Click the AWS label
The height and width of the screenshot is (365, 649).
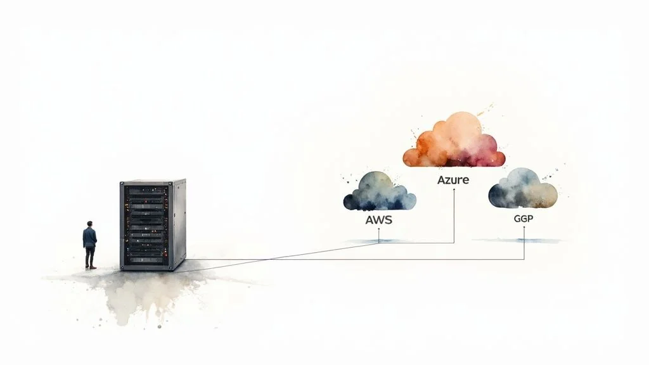coord(379,221)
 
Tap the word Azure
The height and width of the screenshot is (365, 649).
coord(453,180)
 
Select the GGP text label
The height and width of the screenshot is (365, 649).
coord(524,217)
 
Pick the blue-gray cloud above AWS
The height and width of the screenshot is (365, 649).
coord(379,191)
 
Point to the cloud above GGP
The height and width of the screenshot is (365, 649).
coord(523,188)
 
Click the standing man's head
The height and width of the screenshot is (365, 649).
coord(90,224)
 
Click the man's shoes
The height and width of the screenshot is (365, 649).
coord(92,267)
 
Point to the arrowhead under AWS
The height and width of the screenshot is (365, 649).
coord(378,231)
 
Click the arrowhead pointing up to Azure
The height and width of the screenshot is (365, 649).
coord(454,191)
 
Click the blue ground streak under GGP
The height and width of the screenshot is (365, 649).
coord(517,240)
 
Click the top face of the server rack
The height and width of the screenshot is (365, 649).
coord(152,181)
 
